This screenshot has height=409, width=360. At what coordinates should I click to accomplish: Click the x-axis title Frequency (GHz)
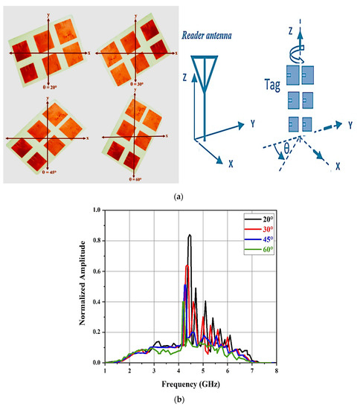click(x=190, y=385)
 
